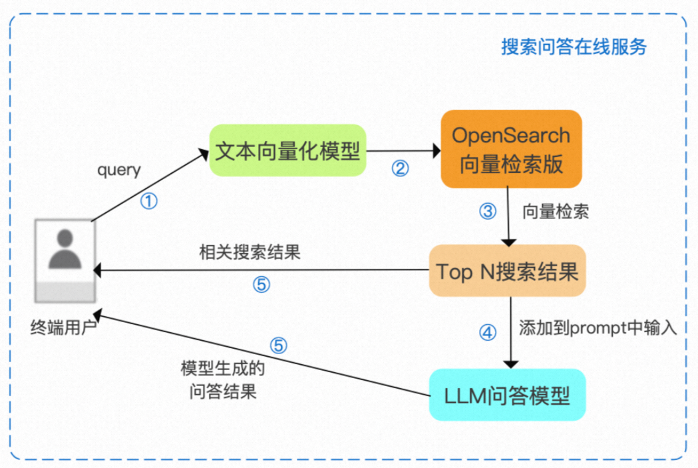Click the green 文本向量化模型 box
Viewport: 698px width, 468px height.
[x=288, y=150]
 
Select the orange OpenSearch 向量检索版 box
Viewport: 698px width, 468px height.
[x=511, y=149]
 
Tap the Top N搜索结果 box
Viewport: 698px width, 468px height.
[x=507, y=272]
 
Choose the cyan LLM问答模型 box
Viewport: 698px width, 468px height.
[x=507, y=395]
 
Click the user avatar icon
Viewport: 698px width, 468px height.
[x=65, y=260]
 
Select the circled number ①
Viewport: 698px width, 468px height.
[x=150, y=200]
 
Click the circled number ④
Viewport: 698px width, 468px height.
[x=488, y=332]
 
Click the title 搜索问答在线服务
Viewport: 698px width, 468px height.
[x=574, y=47]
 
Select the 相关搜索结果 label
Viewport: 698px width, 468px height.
[x=250, y=253]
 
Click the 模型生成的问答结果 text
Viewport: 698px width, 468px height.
[x=219, y=379]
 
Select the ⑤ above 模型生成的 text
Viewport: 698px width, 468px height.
[x=279, y=346]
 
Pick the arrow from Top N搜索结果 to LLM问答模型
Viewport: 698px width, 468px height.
[x=510, y=333]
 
